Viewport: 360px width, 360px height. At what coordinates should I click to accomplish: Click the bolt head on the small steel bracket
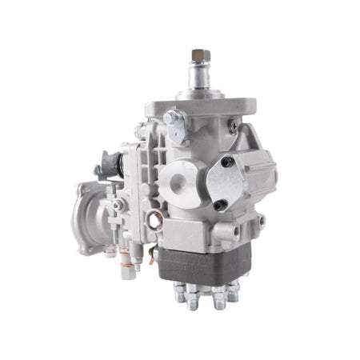170,118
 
